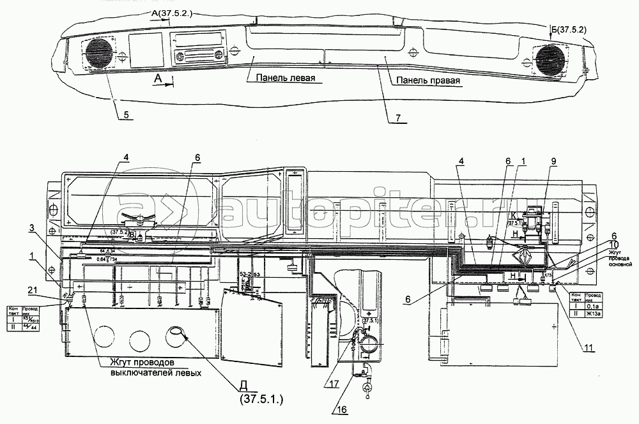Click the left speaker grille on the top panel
pyautogui.click(x=98, y=53)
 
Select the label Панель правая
pyautogui.click(x=427, y=81)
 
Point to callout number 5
pyautogui.click(x=127, y=115)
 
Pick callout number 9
pyautogui.click(x=553, y=162)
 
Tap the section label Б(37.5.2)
pyautogui.click(x=567, y=29)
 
